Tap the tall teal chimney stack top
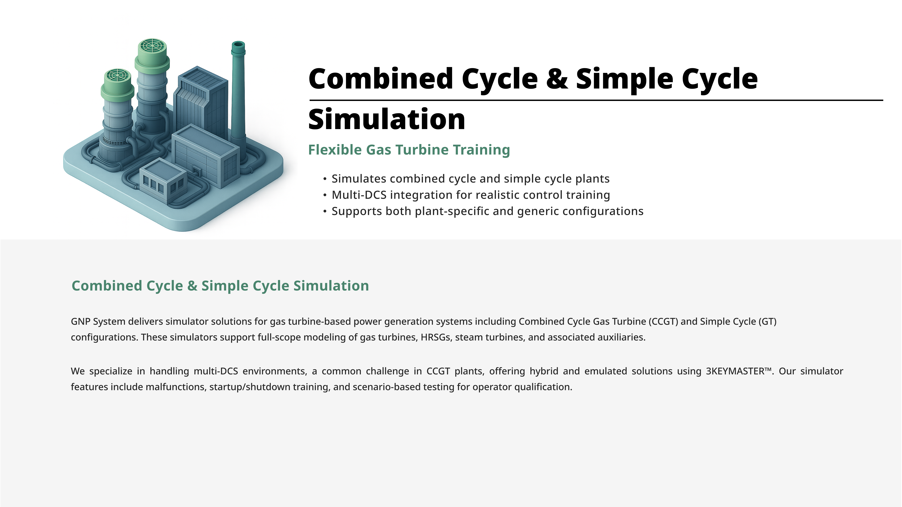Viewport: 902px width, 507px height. click(x=238, y=46)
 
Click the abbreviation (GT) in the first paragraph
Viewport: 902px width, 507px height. click(x=767, y=321)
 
